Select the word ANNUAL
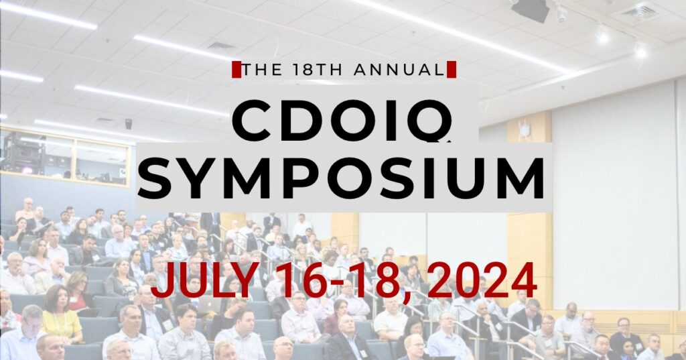coord(399,70)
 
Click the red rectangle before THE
coord(236,70)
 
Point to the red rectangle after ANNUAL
coord(452,70)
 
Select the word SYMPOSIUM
coord(342,176)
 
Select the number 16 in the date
coord(307,280)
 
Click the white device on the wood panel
coord(523,129)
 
